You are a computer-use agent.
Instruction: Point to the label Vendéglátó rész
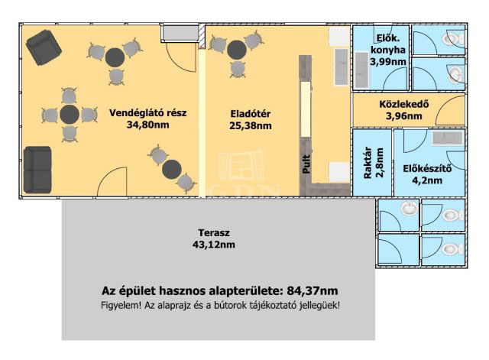coord(148,113)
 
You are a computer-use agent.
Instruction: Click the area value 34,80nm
coord(148,125)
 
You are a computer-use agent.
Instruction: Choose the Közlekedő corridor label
coord(404,105)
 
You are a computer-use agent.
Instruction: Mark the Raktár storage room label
coord(368,162)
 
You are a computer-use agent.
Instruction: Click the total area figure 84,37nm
coord(310,291)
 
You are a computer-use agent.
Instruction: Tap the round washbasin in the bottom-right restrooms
coord(410,208)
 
